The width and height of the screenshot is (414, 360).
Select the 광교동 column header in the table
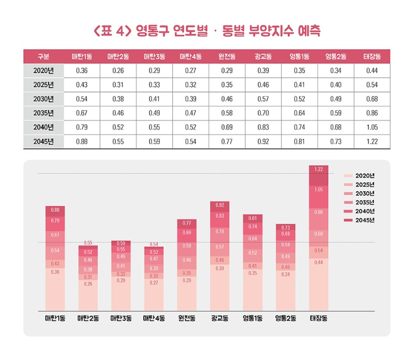(263, 56)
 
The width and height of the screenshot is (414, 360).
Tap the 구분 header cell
(43, 56)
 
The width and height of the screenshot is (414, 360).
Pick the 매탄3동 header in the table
(154, 56)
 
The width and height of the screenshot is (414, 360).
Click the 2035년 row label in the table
(43, 113)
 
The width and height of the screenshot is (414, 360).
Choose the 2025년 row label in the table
(43, 84)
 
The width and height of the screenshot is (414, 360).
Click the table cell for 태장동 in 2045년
(372, 141)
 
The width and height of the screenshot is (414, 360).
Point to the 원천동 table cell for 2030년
(227, 98)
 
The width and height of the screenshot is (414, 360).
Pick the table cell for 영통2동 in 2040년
(335, 127)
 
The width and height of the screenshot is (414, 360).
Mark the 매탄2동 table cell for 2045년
(118, 141)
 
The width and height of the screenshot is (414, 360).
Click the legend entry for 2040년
(362, 211)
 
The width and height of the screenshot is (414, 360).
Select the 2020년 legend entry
(362, 176)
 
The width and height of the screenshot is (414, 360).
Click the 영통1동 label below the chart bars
(253, 318)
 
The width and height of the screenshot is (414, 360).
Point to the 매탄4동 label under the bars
(153, 318)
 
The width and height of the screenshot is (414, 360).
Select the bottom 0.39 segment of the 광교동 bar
(219, 287)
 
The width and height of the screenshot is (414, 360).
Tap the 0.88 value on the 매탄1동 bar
(55, 210)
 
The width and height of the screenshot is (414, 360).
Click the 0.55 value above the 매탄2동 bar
(88, 242)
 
